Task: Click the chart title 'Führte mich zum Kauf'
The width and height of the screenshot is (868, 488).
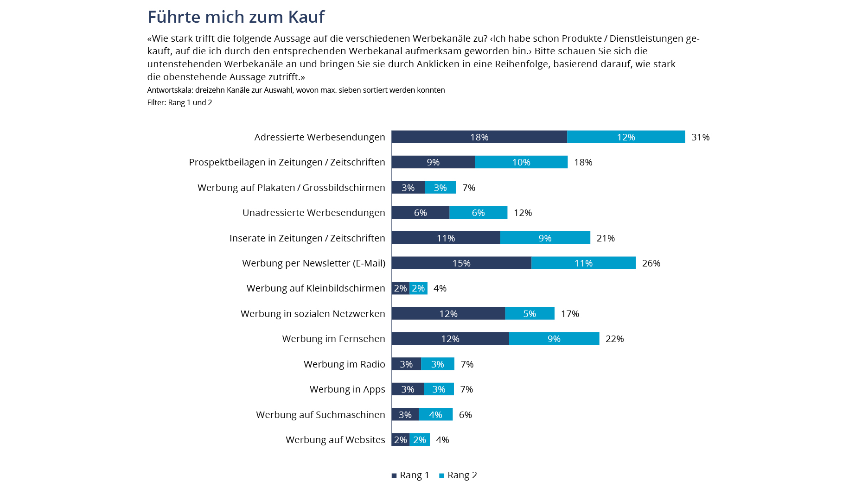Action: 236,17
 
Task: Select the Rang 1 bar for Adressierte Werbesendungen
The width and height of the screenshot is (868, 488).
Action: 479,137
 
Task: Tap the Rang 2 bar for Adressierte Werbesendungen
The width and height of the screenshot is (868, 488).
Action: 626,137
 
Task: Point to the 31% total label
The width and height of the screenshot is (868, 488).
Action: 700,137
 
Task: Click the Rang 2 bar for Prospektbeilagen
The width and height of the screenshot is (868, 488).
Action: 521,162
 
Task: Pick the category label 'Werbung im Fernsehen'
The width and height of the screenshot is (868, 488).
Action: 333,339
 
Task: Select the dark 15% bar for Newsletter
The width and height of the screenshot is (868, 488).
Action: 461,263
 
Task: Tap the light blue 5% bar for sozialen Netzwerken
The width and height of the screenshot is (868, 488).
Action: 530,314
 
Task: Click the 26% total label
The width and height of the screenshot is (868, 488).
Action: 651,263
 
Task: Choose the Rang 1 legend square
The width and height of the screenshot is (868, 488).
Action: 394,475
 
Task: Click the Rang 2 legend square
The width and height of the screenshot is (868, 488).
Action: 441,475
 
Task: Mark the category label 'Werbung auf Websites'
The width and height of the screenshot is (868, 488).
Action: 335,440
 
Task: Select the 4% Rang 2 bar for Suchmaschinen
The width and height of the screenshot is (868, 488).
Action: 435,415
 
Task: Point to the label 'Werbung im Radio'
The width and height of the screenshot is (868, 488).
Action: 344,364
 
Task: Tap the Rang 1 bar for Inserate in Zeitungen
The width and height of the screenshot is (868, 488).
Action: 446,238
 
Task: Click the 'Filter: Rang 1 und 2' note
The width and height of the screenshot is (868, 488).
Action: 179,102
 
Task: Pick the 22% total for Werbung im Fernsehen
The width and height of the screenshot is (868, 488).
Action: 614,339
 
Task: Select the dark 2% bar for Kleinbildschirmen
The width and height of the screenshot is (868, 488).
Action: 400,288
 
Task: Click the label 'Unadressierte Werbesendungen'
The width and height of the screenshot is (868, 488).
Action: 313,213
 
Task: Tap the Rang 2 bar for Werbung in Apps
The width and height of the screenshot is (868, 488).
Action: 439,389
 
